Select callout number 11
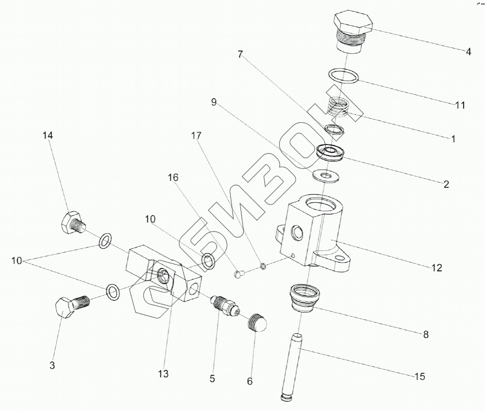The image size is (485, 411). point(460,105)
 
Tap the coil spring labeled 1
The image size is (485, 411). point(341,109)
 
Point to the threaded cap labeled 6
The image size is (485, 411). point(258,325)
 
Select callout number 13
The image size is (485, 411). point(163,374)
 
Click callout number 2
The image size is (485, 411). point(446,185)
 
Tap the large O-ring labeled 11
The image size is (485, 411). point(344,76)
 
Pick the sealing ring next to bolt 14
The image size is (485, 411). point(105,241)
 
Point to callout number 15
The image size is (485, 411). point(419,377)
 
